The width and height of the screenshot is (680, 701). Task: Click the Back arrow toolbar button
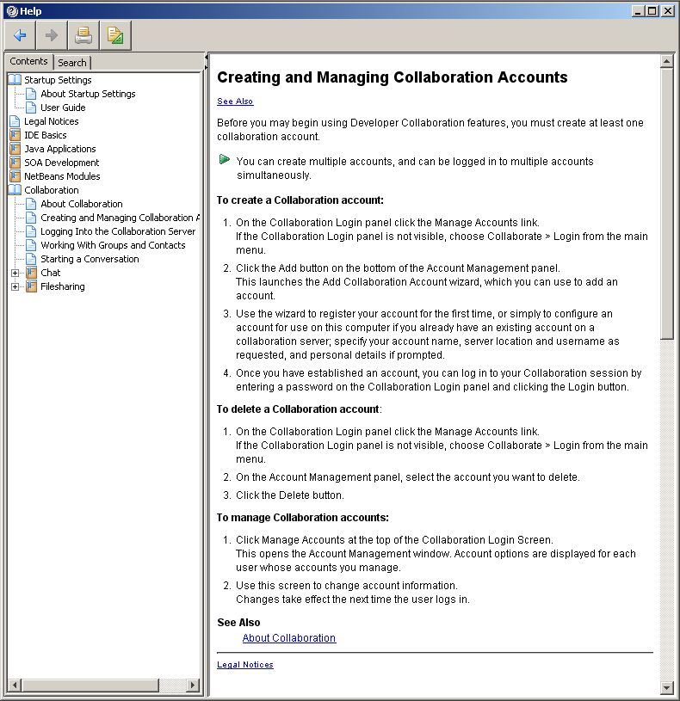click(x=20, y=35)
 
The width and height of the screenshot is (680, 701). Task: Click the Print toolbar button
click(x=83, y=35)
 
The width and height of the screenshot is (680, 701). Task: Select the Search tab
click(x=72, y=63)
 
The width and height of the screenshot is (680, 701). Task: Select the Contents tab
click(x=28, y=62)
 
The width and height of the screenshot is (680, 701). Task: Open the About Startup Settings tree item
click(x=88, y=94)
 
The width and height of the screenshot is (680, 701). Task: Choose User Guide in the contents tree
click(x=63, y=108)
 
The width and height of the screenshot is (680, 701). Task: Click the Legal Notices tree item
click(x=51, y=121)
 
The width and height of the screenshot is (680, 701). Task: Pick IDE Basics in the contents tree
click(x=45, y=135)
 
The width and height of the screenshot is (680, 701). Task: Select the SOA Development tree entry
click(x=61, y=163)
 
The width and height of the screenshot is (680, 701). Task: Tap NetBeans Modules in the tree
click(x=62, y=176)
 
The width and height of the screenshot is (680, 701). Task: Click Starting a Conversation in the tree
click(x=90, y=259)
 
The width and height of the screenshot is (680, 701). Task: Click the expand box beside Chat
click(x=15, y=273)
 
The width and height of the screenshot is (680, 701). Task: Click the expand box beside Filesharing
click(x=15, y=286)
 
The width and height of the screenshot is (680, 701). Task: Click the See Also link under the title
click(x=235, y=101)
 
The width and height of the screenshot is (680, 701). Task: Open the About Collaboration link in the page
click(x=289, y=638)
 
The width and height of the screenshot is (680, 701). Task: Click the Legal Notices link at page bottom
click(x=245, y=665)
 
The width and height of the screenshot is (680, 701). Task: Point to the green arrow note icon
click(x=225, y=159)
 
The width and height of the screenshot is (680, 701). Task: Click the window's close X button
click(x=668, y=11)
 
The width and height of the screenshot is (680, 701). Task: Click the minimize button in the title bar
click(x=638, y=11)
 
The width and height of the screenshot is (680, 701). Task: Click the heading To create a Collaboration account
click(x=300, y=200)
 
